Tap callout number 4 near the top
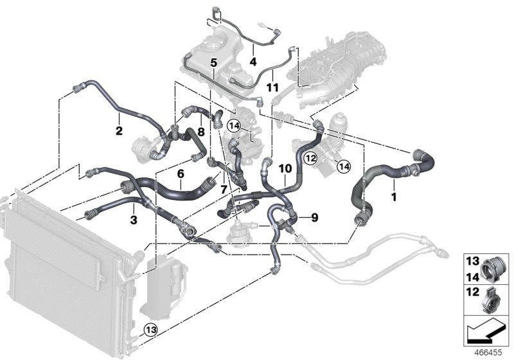click(253, 62)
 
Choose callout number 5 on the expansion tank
click(213, 63)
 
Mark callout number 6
click(181, 174)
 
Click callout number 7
click(223, 190)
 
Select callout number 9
click(314, 218)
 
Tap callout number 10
click(285, 168)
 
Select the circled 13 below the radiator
click(150, 330)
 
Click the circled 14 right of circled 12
click(342, 166)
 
